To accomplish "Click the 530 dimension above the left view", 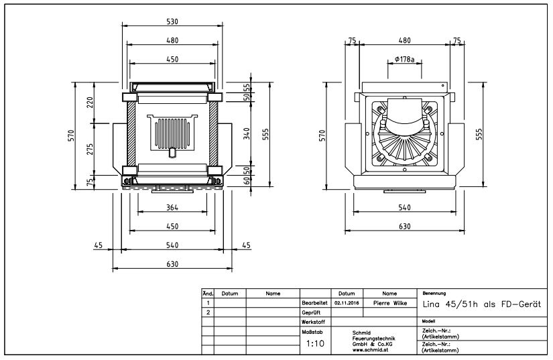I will tap(172, 22).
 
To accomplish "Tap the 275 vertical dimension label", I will tap(89, 149).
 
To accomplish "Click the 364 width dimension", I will tap(172, 208).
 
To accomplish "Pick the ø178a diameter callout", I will tap(404, 60).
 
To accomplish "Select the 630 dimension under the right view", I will tap(404, 227).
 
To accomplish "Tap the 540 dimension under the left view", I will tap(172, 245).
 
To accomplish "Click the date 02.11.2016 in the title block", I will tap(347, 303).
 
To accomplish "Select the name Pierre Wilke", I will tap(389, 303).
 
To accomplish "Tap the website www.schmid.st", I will tap(371, 350).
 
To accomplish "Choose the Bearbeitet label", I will tap(314, 303).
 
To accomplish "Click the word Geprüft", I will tap(310, 312).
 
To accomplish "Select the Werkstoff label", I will tap(312, 322).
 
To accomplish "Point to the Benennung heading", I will tap(434, 294).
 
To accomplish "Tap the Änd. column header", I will tap(207, 294).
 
